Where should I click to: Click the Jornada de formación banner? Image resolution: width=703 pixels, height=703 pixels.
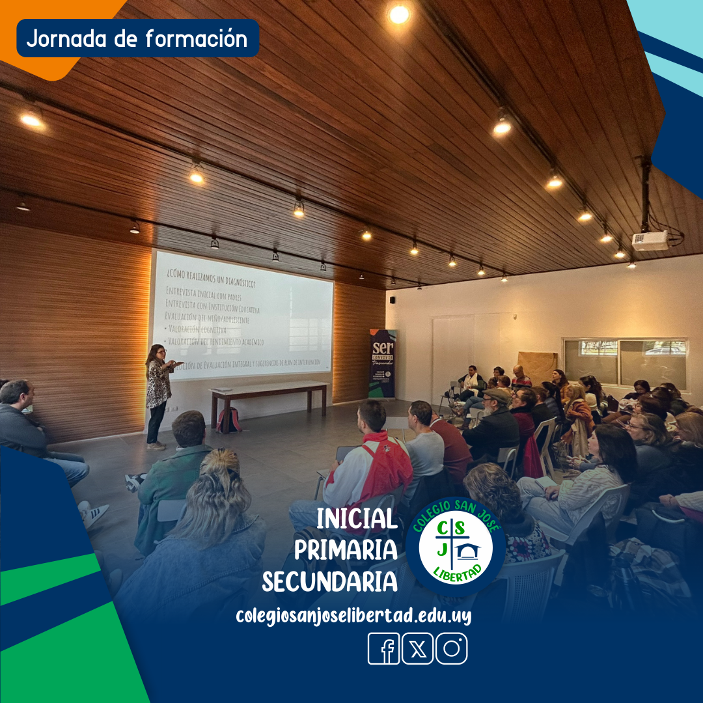(x=137, y=38)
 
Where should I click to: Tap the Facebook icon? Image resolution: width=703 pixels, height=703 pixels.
(x=384, y=648)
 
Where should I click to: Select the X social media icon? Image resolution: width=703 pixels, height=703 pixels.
(x=417, y=648)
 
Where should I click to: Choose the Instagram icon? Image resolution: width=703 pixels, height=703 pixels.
(x=451, y=648)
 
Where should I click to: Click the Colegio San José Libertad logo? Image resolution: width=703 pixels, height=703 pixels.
(x=456, y=545)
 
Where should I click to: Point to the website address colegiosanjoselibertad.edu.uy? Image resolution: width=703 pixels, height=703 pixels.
(x=353, y=615)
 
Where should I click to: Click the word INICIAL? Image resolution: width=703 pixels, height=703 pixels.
(x=357, y=519)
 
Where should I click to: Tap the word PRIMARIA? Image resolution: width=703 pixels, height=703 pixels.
(x=346, y=550)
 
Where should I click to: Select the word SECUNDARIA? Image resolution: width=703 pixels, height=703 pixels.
(x=330, y=581)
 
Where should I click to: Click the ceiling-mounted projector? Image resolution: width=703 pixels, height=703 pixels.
(x=650, y=241)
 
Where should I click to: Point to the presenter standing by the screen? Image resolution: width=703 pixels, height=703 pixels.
(x=158, y=394)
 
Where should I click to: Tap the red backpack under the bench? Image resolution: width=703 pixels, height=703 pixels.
(x=228, y=420)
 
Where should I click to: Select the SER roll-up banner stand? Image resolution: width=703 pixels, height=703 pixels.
(x=382, y=363)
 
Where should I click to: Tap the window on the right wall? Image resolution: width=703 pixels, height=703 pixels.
(x=625, y=363)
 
